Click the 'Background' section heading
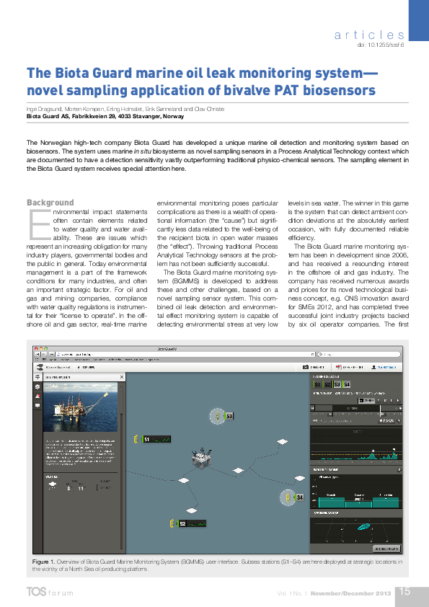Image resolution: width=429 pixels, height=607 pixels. click(50, 203)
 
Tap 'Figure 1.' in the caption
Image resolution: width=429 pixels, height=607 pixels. click(43, 561)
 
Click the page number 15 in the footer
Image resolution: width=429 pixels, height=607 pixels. click(404, 591)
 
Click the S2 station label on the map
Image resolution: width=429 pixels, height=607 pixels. click(182, 523)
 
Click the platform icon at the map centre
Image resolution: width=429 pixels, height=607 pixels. click(200, 461)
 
